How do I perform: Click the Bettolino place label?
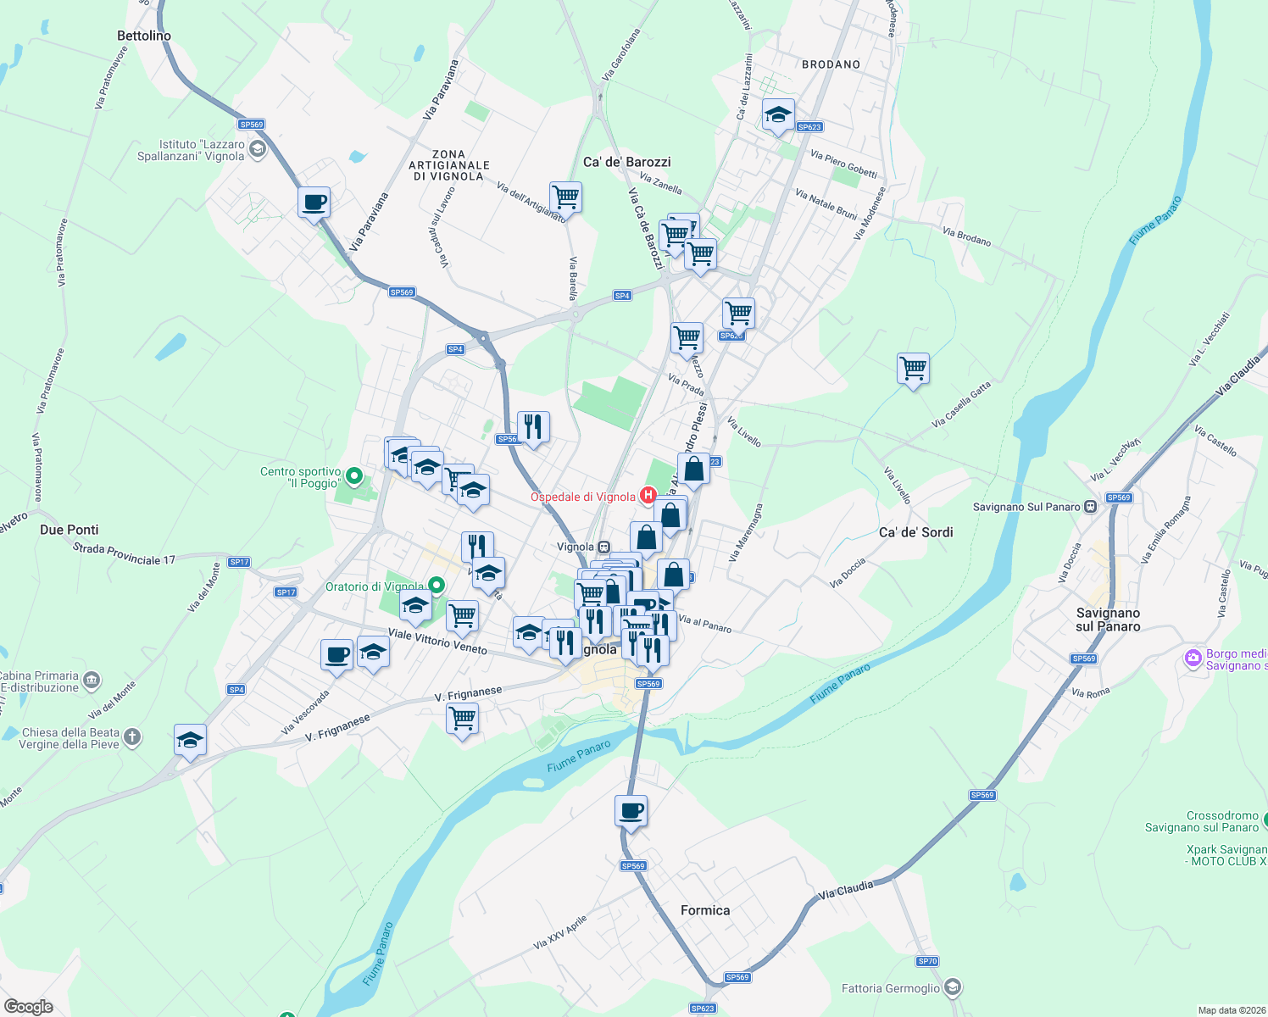click(144, 36)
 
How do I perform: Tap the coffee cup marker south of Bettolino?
click(314, 203)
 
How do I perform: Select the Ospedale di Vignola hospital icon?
click(648, 495)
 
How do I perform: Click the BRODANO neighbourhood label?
click(831, 64)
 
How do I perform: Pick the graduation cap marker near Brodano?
click(777, 115)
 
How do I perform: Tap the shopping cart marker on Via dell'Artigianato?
click(565, 197)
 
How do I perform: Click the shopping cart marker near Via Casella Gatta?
click(913, 369)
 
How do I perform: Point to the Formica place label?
click(705, 910)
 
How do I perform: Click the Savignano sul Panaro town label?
click(1108, 620)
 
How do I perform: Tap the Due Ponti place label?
click(70, 530)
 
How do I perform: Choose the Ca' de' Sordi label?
click(915, 532)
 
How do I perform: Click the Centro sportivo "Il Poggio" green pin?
click(355, 476)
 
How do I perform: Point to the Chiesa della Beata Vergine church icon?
click(132, 737)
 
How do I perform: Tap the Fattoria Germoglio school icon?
click(953, 987)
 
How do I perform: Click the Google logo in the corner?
click(29, 1006)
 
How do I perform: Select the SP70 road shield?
click(927, 961)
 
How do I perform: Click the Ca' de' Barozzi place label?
click(626, 162)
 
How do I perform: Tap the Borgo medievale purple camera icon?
click(1193, 658)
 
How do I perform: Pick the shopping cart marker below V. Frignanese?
click(462, 719)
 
